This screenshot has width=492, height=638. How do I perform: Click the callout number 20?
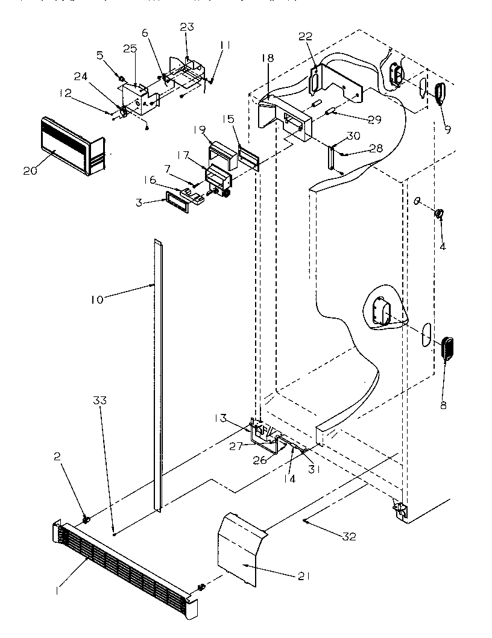tap(30, 170)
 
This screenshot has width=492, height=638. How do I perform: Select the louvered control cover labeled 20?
tap(71, 146)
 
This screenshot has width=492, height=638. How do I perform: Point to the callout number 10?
tap(98, 298)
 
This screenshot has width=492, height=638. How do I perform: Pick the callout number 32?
tap(348, 537)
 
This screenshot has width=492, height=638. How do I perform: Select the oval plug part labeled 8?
tap(448, 349)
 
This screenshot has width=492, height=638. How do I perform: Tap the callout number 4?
tap(443, 246)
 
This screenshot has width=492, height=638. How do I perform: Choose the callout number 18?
tap(267, 58)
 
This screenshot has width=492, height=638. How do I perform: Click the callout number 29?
tap(374, 120)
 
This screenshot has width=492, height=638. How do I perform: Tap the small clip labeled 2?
tap(86, 519)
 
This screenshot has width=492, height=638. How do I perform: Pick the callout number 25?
tap(130, 48)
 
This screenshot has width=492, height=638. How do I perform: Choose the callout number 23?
tap(187, 27)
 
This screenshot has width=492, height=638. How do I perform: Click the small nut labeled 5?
tap(121, 79)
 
